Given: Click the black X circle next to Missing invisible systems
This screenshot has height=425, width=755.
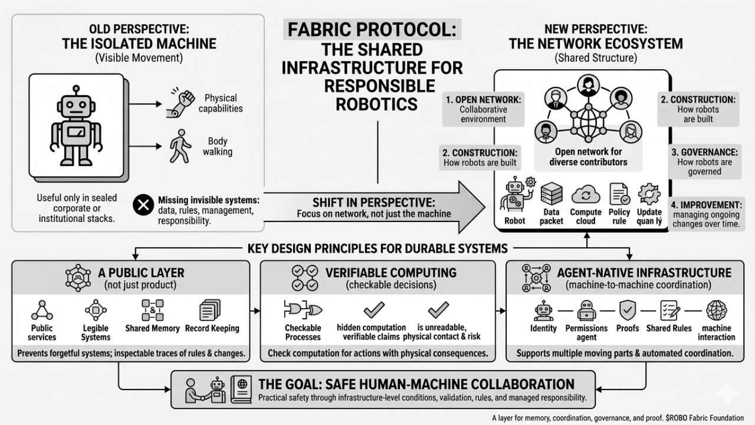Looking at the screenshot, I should pos(142,205).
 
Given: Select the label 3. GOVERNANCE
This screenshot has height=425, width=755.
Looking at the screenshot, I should pos(704,152).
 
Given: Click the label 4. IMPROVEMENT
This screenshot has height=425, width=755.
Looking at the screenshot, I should pos(706,205).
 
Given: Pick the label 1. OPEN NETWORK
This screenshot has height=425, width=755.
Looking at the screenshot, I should pos(483,100).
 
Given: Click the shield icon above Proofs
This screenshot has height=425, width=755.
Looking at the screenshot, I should pos(626,309).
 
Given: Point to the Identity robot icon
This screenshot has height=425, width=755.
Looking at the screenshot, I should pos(543,310).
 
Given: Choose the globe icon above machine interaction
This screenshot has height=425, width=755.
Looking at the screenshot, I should pos(716,309).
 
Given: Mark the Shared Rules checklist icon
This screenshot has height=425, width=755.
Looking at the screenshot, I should pos(668,310).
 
